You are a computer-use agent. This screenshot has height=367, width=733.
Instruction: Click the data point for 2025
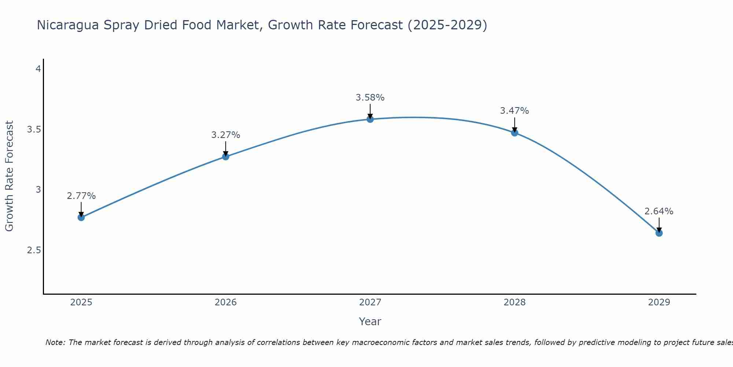click(81, 217)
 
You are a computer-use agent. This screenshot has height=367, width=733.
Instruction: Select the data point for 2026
click(226, 157)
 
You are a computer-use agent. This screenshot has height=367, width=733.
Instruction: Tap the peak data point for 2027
click(370, 119)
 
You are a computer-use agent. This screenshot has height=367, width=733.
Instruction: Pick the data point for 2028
click(515, 133)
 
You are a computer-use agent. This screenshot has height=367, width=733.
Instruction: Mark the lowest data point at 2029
click(659, 233)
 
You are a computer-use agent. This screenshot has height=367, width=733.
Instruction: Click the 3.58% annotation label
click(370, 98)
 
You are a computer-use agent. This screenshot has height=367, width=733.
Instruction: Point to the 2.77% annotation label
click(81, 196)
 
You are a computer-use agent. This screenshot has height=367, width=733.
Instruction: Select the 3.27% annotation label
click(226, 135)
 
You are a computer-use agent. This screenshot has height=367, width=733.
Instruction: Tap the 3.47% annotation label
click(515, 111)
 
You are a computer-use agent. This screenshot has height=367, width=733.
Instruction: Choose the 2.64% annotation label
click(659, 211)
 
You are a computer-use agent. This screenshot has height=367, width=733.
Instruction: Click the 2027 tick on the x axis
click(370, 302)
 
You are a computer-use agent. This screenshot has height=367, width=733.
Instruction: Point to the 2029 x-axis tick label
click(659, 302)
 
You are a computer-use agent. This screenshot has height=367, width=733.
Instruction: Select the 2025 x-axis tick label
click(81, 302)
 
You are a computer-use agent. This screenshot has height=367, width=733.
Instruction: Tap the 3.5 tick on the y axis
click(34, 130)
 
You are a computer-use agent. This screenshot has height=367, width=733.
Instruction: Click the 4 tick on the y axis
click(38, 69)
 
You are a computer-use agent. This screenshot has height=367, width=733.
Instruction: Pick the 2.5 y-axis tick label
click(34, 250)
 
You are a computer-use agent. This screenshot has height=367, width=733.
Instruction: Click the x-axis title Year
click(370, 321)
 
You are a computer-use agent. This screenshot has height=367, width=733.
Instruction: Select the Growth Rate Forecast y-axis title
click(9, 176)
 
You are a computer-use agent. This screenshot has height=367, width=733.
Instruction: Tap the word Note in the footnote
click(55, 342)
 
